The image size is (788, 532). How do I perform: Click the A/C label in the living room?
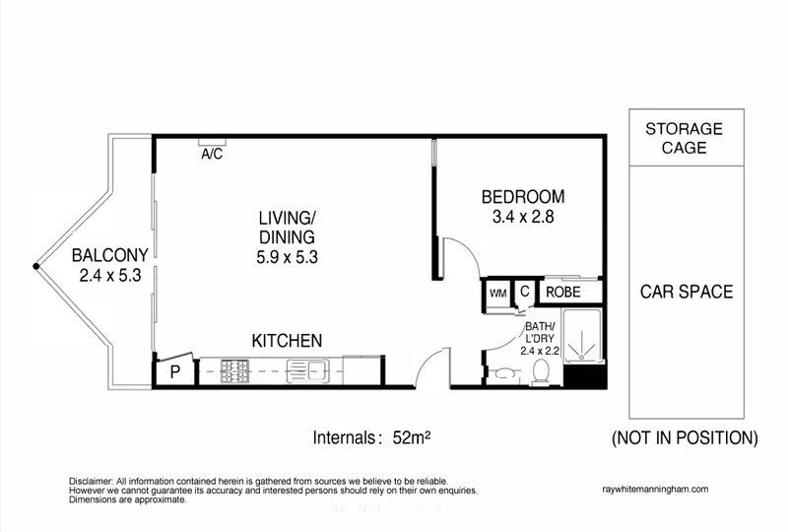(211, 155)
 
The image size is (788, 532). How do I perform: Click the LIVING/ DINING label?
(286, 227)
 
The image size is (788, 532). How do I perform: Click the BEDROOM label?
(522, 195)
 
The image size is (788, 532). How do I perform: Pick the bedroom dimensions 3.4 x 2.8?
(522, 216)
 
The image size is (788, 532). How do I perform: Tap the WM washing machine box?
(496, 293)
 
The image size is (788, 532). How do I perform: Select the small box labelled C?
(525, 292)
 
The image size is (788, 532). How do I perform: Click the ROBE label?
(563, 293)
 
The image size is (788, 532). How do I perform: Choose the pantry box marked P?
(174, 372)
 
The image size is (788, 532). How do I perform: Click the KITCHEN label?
(287, 341)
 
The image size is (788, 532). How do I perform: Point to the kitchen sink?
(307, 372)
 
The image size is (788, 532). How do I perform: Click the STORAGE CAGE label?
(685, 139)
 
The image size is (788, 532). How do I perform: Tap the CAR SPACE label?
(686, 293)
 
